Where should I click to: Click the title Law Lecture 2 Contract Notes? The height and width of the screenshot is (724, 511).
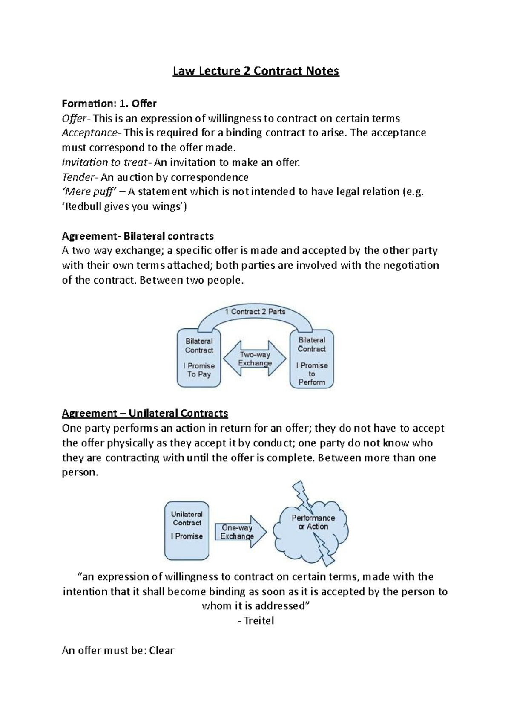tap(255, 71)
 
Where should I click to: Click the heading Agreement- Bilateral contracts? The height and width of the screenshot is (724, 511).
tap(138, 236)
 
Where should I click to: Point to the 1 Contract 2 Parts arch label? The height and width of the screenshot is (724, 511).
tap(255, 312)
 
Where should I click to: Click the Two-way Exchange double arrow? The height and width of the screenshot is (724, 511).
tap(255, 359)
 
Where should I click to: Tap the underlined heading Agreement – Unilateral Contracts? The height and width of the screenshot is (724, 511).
tap(145, 414)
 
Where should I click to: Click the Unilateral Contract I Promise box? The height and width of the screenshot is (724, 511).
tap(187, 530)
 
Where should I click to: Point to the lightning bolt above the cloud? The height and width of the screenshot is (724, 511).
tap(302, 495)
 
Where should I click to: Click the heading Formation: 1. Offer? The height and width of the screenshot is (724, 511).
tap(109, 104)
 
